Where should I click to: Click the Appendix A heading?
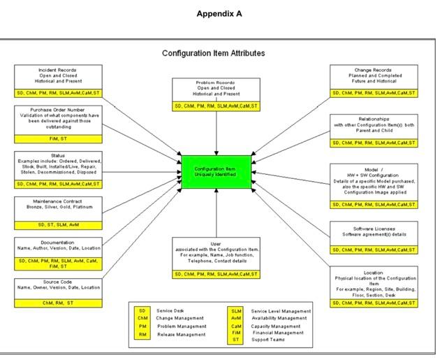[219, 14]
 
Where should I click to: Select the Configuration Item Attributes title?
[213, 53]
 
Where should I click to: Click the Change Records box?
[374, 76]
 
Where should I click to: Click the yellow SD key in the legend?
[143, 310]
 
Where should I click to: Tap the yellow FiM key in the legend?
[236, 333]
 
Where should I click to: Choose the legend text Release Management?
[182, 335]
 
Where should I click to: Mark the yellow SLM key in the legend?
[236, 310]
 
